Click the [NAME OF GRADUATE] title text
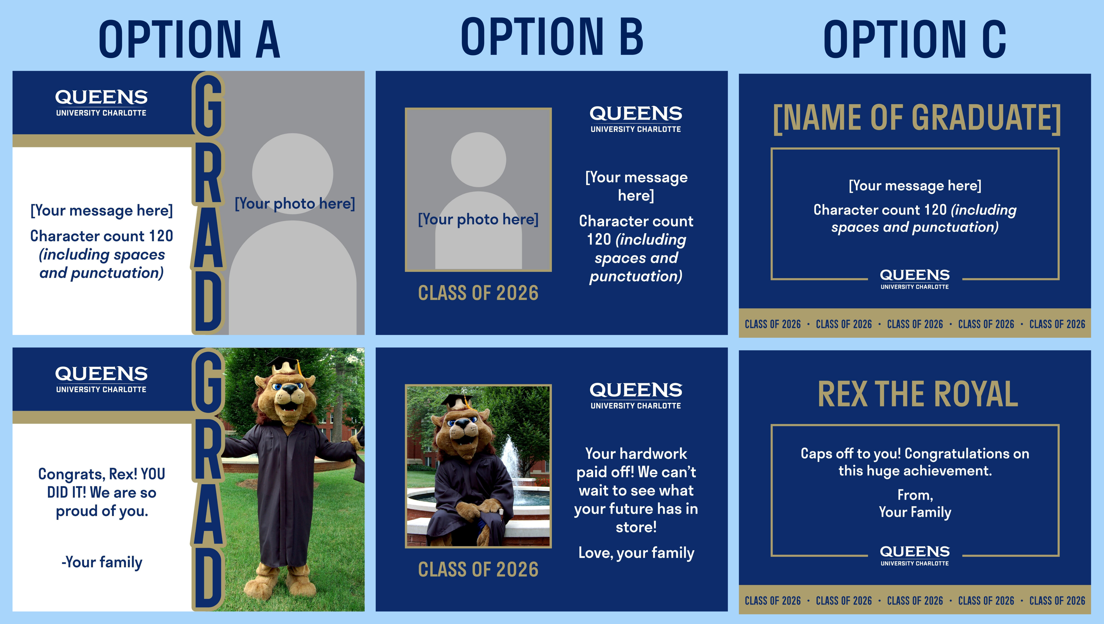[x=916, y=118]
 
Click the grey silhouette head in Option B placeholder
[x=478, y=159]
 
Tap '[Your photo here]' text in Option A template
[x=295, y=204]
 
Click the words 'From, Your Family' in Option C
[x=915, y=504]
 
